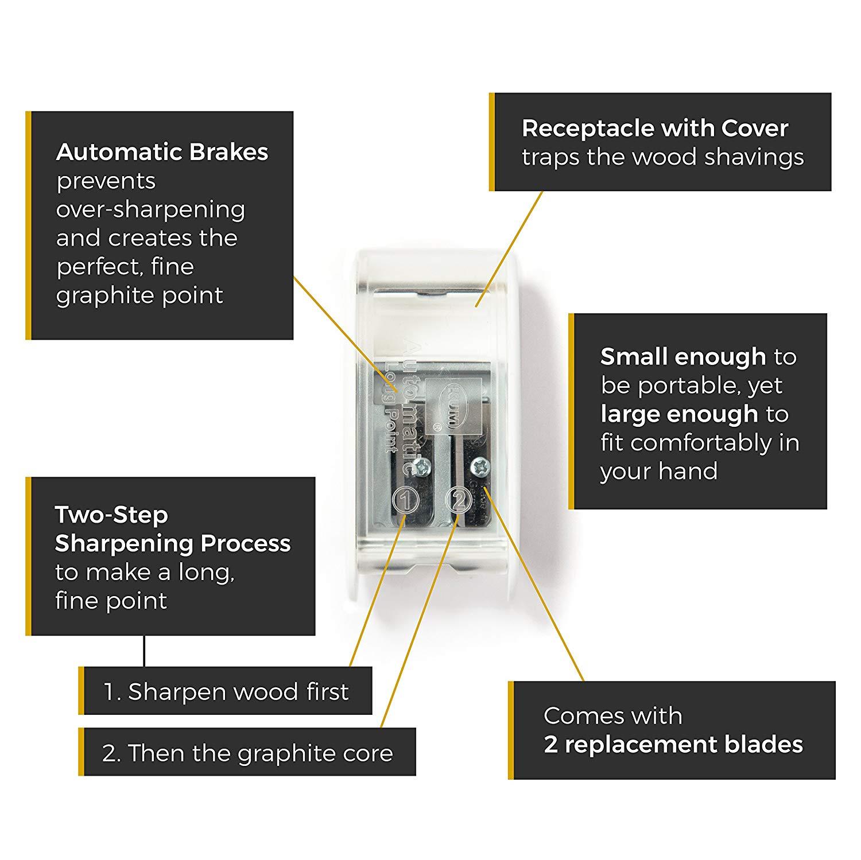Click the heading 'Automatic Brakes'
click(162, 152)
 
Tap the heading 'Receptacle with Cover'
click(655, 129)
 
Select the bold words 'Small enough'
click(683, 357)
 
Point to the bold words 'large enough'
click(679, 414)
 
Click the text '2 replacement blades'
click(673, 745)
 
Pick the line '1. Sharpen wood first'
click(226, 692)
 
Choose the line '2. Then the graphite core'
click(247, 753)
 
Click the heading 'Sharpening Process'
click(173, 543)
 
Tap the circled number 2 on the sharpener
click(459, 500)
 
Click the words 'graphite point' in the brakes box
click(139, 296)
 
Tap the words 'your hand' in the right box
click(659, 472)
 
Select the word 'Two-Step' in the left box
click(111, 515)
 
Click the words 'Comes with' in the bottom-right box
click(613, 716)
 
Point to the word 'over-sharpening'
click(150, 210)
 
